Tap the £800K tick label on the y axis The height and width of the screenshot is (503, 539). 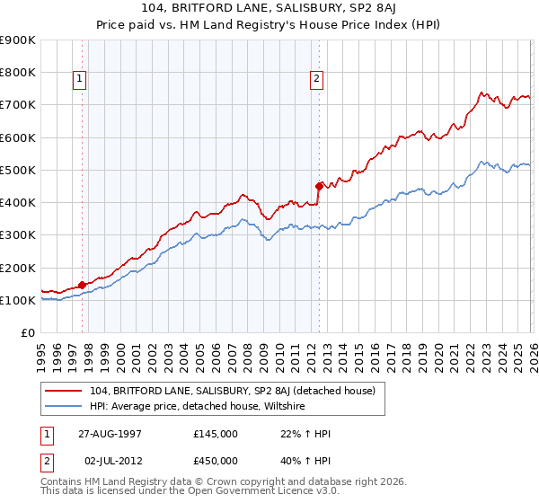pos(17,73)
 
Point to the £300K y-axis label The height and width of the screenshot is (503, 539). pos(17,235)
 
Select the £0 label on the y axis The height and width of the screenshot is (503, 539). pos(27,333)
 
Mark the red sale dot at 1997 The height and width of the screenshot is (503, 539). pos(82,285)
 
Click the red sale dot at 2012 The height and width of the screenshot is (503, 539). pos(318,186)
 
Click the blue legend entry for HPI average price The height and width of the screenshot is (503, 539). pos(199,406)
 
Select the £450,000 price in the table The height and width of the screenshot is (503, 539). pos(215,462)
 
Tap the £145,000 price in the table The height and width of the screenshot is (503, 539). pos(215,434)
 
